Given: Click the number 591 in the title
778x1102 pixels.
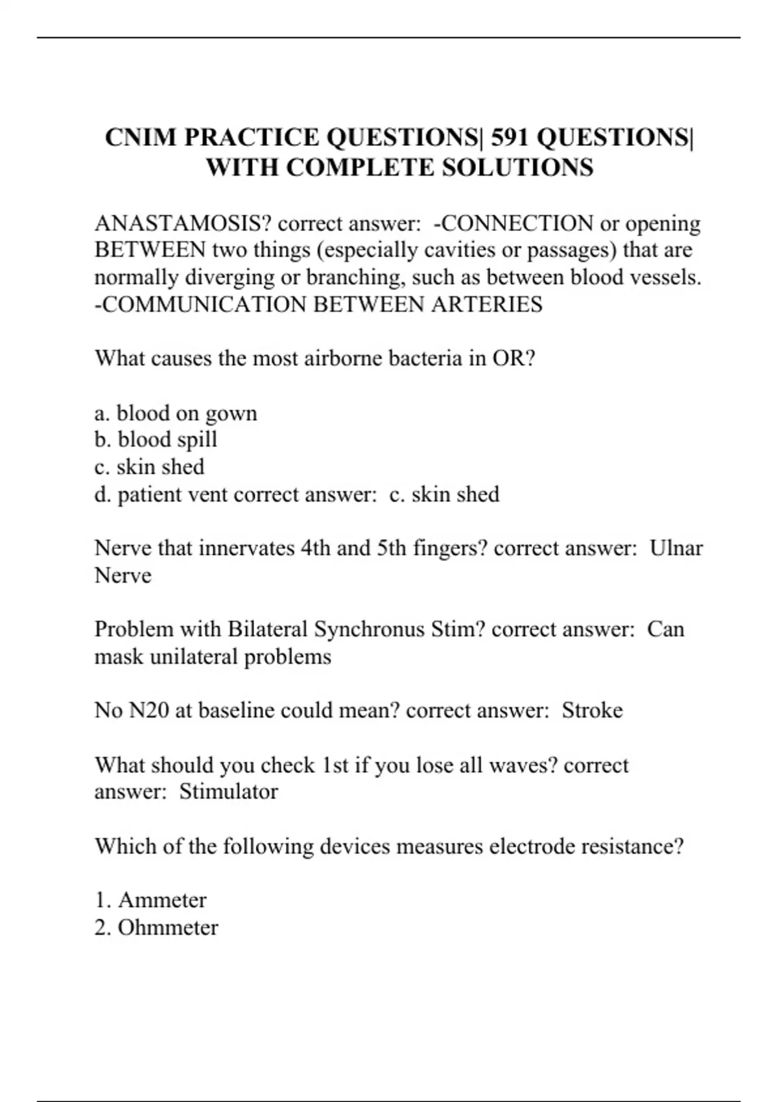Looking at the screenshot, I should pos(510,137).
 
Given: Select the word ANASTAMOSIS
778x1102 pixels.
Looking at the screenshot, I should pos(183,224).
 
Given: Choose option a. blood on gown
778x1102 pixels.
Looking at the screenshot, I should pos(176,414).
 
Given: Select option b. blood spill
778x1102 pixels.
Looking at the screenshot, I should pos(156,440).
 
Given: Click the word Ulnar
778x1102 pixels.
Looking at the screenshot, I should pos(676,548).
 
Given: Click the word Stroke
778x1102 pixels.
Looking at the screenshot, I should pos(592,710).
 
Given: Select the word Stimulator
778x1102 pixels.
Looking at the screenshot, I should pos(228,791).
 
